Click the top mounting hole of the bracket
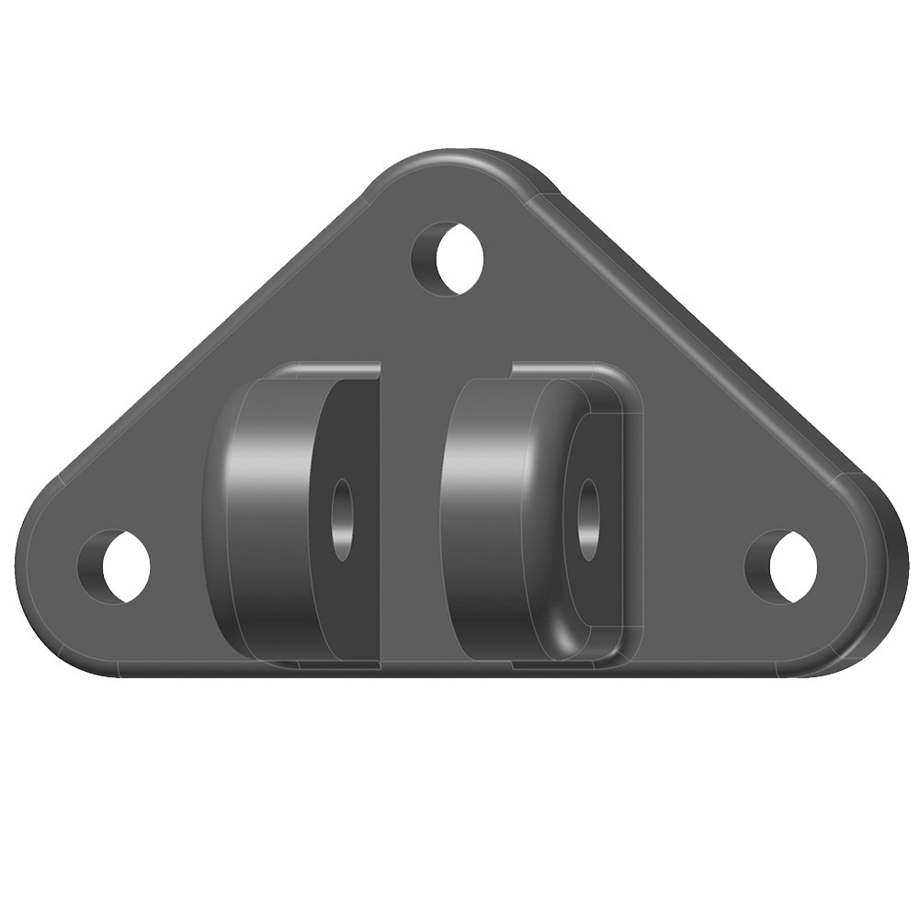point(451,256)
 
